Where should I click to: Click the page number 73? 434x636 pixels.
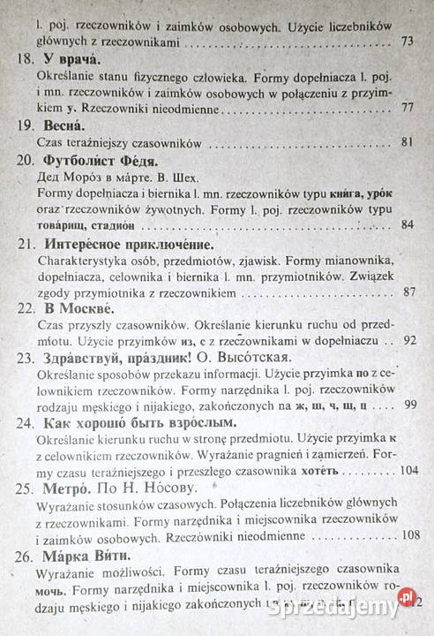pos(407,41)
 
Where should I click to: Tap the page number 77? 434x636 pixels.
pos(407,108)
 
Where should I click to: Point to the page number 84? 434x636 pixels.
pos(407,224)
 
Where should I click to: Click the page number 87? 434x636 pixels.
pos(407,291)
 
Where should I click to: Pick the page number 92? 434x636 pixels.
pos(408,339)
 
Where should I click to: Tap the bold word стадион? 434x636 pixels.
pos(114,224)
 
